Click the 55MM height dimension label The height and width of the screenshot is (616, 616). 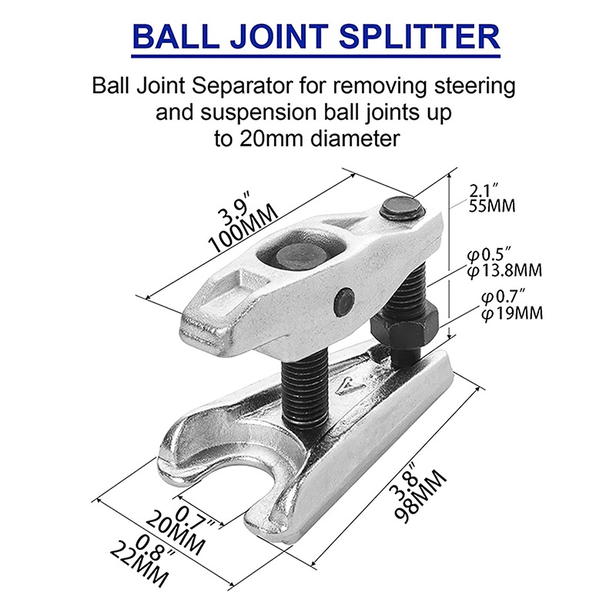492,206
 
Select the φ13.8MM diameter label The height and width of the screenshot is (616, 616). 505,270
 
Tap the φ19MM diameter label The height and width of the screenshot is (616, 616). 512,313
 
